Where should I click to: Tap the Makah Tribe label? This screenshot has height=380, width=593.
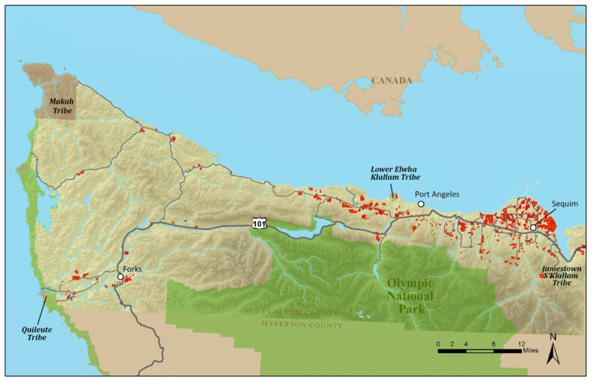(61, 106)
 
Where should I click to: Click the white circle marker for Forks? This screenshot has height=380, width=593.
(120, 277)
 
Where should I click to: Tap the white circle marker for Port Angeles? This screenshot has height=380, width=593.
(421, 204)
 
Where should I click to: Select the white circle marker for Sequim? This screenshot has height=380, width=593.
(533, 227)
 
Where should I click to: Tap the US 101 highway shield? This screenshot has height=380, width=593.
(259, 223)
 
